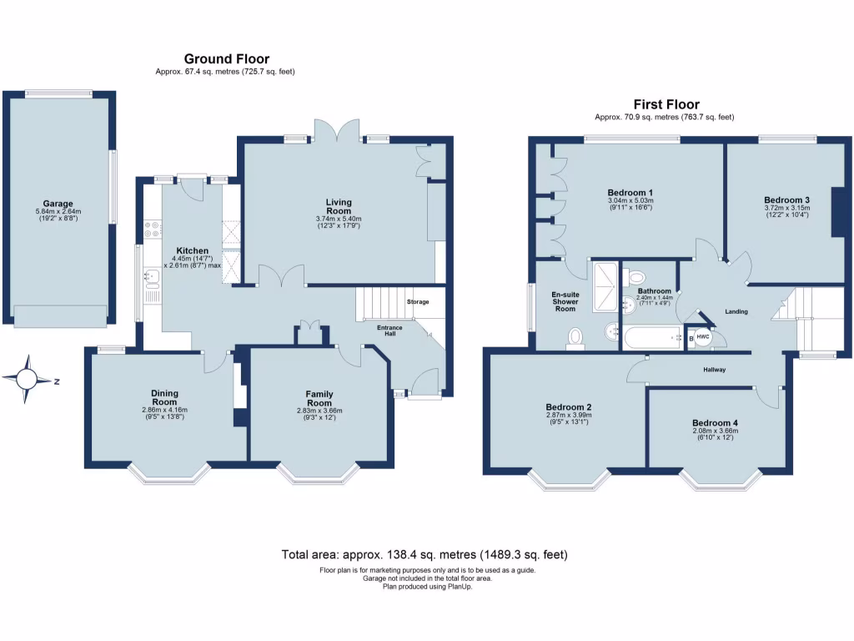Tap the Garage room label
58,204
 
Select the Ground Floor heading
226,58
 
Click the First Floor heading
666,104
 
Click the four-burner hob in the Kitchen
151,229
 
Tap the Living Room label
339,206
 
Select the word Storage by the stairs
418,301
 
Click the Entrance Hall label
389,331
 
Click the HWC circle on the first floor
704,338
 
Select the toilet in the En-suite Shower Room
575,336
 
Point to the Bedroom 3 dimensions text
787,211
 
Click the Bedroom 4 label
715,422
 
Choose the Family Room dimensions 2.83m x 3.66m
319,410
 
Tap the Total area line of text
425,554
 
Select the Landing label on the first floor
736,311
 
